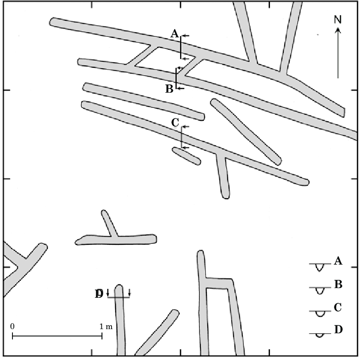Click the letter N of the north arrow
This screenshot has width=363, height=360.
[x=338, y=19]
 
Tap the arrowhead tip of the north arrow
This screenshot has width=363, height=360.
[x=338, y=28]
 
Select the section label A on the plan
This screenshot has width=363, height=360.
[x=174, y=33]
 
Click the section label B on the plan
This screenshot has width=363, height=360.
[x=169, y=89]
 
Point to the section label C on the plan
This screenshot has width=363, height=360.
[x=175, y=123]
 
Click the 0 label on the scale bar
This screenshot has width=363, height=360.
[x=12, y=326]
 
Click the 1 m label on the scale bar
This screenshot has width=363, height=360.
[x=106, y=326]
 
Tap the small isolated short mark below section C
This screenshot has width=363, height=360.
[x=186, y=156]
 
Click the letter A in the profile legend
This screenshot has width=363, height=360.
[x=338, y=261]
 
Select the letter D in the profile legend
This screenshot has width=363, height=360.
[x=338, y=330]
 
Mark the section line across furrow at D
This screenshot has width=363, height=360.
[x=118, y=297]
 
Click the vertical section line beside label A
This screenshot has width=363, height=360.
[x=181, y=47]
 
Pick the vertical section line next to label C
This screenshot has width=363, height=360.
[x=181, y=137]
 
